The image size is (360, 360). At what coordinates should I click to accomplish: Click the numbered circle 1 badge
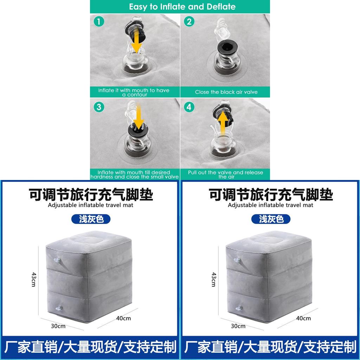99,21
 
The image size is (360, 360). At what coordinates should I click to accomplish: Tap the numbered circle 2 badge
189,21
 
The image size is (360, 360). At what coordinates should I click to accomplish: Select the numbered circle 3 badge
99,107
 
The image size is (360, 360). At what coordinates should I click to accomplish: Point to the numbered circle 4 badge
189,107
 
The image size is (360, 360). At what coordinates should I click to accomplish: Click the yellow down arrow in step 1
137,41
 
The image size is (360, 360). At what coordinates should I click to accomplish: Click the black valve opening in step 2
227,48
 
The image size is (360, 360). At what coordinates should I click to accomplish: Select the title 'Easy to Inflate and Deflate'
182,7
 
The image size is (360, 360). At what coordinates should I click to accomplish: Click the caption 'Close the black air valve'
226,92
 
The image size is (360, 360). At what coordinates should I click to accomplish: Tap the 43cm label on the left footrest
34,279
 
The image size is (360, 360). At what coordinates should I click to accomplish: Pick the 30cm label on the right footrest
238,326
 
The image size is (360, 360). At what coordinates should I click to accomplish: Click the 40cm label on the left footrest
123,318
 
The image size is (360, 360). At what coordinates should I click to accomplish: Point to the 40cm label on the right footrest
303,318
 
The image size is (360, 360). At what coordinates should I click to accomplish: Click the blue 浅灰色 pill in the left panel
91,219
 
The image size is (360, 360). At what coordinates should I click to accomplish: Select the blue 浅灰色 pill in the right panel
271,219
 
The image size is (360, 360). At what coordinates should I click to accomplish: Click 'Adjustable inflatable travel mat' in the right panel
270,205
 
